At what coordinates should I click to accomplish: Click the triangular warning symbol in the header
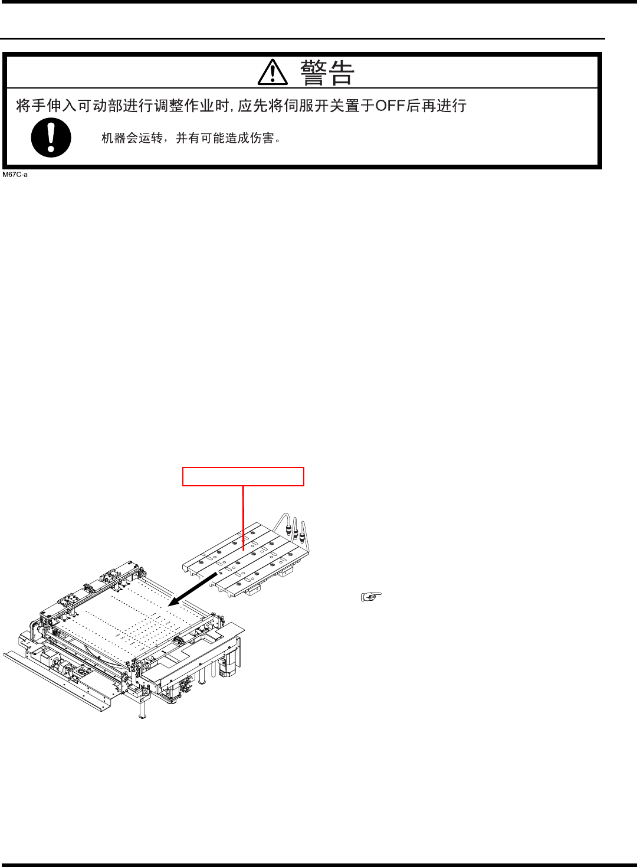[x=272, y=73]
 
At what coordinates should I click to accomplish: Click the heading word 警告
[x=327, y=73]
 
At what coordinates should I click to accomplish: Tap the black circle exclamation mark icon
[x=51, y=138]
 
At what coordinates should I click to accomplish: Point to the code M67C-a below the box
[x=15, y=175]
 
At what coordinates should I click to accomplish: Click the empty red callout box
[x=243, y=476]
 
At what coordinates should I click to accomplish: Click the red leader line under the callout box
[x=243, y=516]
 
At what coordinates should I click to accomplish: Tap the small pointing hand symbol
[x=371, y=597]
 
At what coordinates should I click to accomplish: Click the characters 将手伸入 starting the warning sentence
[x=46, y=106]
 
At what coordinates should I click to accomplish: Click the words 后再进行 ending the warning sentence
[x=436, y=106]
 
